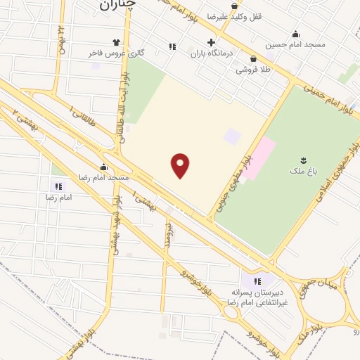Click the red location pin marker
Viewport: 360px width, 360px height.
pyautogui.click(x=181, y=166)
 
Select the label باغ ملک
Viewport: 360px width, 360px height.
pyautogui.click(x=303, y=171)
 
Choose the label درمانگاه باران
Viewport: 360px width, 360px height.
pyautogui.click(x=211, y=53)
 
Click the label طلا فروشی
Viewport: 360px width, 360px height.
pyautogui.click(x=253, y=70)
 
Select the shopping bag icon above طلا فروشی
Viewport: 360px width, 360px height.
pyautogui.click(x=253, y=59)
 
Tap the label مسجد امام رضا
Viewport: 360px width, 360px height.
pyautogui.click(x=104, y=178)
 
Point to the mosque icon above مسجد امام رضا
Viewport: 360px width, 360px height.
pyautogui.click(x=104, y=167)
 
